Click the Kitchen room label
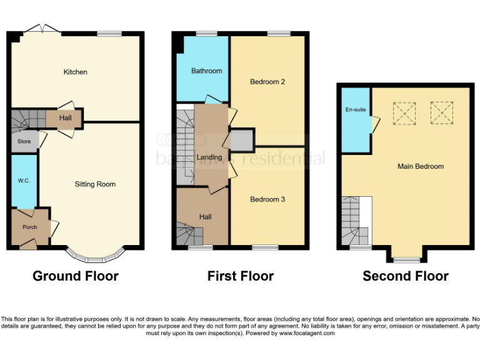coord(76,72)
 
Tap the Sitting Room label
coord(95,184)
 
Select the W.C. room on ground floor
coord(24,181)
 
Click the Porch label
coord(29,227)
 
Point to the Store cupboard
coord(24,142)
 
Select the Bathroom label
coord(206,71)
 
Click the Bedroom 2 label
coord(267,82)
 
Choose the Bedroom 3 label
coord(267,199)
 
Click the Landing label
coord(209,157)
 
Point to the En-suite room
coord(356,110)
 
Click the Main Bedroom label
coord(421,166)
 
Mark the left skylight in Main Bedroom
coord(404,112)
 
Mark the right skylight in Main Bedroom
coord(441,112)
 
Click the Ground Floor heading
coord(76,276)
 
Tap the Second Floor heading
coord(406,276)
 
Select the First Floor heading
coord(241,276)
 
